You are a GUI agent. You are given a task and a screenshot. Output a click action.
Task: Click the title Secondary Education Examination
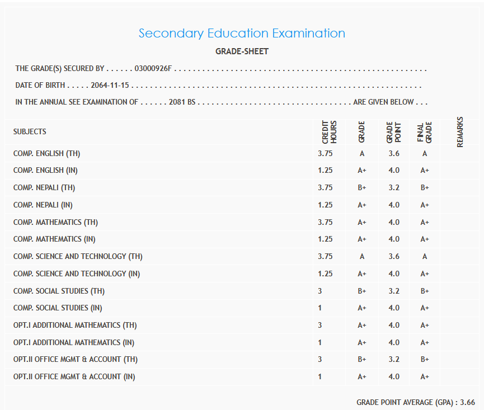[242, 33]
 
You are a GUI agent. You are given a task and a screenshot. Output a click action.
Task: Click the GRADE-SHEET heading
[242, 51]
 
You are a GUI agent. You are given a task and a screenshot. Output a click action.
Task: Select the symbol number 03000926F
[153, 69]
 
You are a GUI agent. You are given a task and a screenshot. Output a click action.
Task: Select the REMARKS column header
[460, 132]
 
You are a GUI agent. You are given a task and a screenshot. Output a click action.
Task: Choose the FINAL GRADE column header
[425, 132]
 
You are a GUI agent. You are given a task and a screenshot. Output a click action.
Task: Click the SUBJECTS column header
[30, 132]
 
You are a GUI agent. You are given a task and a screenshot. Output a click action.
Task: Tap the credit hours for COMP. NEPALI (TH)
[325, 188]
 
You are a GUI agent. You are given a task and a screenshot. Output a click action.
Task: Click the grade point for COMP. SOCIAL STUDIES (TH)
[394, 291]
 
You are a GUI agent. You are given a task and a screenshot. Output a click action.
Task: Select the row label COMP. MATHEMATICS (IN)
[54, 239]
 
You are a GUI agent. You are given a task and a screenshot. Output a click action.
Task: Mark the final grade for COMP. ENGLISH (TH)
[425, 153]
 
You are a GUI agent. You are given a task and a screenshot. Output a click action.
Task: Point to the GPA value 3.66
[467, 402]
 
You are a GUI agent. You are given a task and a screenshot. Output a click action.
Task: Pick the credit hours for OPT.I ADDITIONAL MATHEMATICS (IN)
[320, 342]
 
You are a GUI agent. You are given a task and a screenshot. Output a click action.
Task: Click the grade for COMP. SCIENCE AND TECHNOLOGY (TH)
[362, 257]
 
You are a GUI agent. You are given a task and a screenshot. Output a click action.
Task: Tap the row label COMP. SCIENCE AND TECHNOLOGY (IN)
[77, 274]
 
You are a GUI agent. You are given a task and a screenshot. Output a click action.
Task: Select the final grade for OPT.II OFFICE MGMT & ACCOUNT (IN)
[425, 377]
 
